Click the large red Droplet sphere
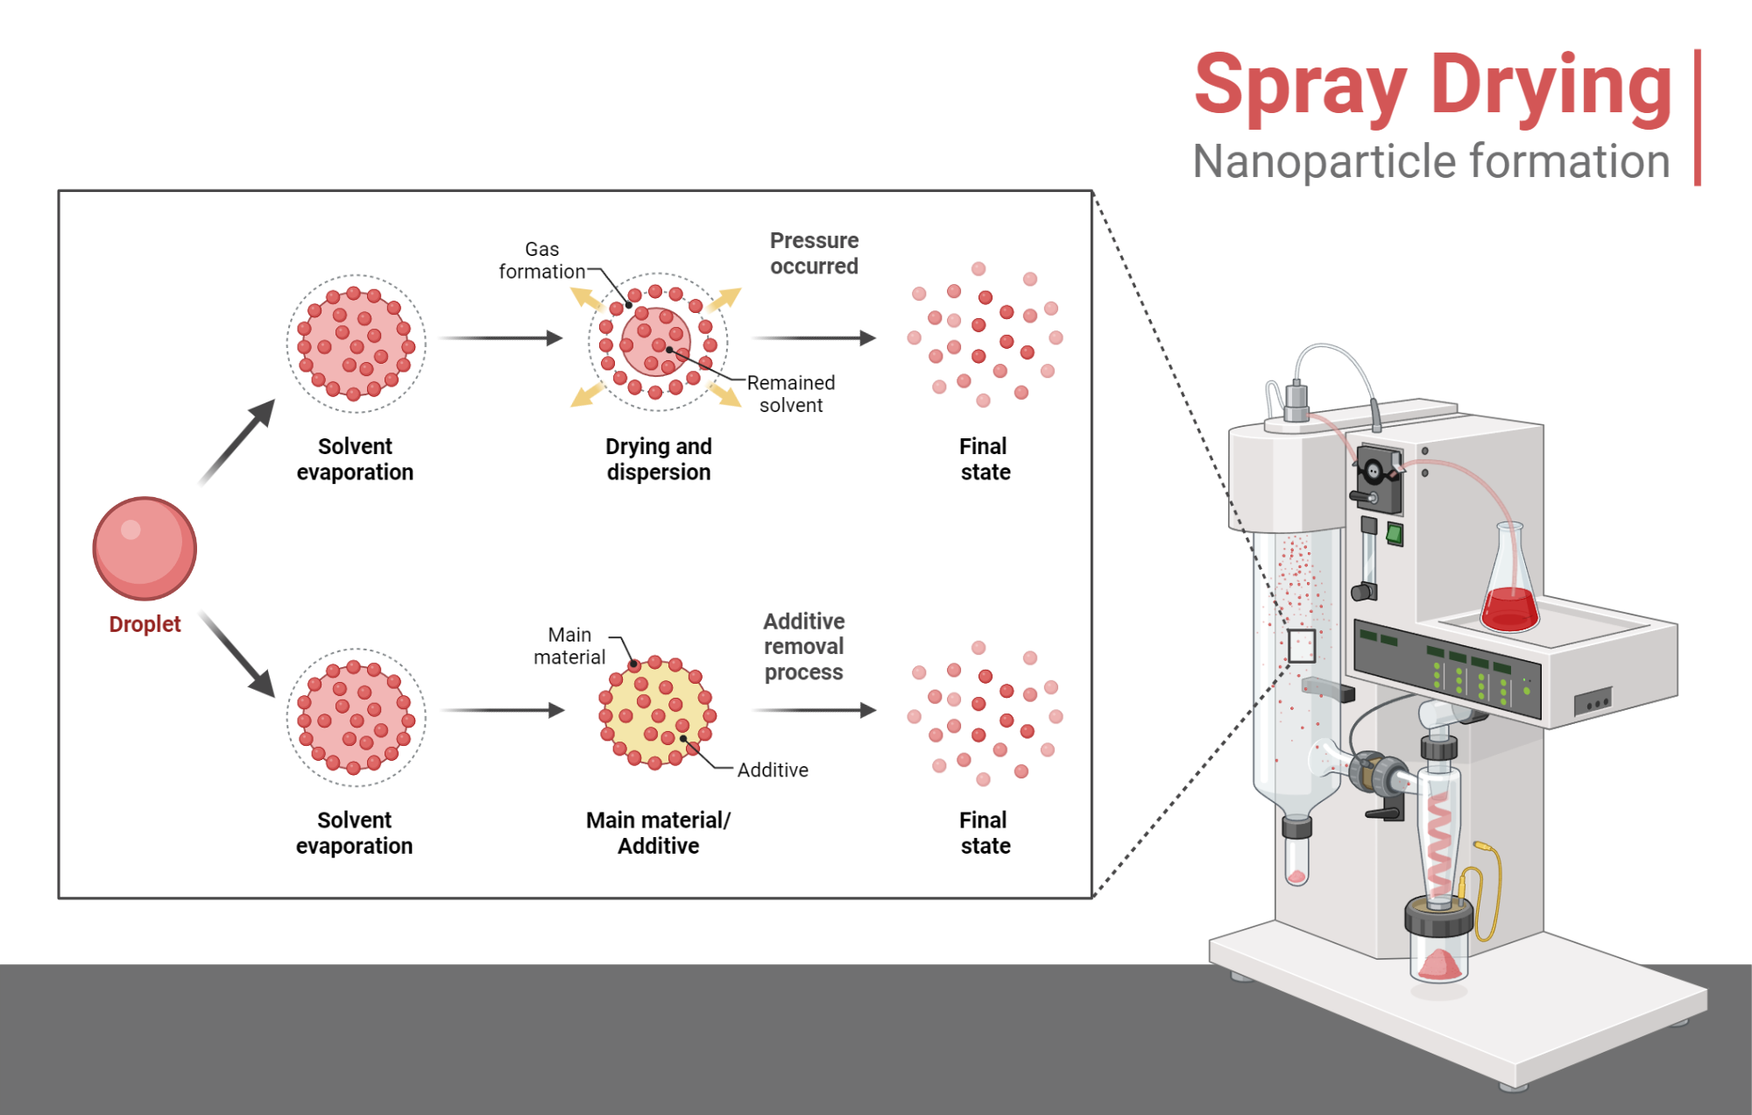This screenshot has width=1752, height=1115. [145, 549]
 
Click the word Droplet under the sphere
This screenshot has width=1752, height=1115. [145, 624]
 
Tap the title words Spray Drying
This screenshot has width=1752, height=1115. [1433, 85]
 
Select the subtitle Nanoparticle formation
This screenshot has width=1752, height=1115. [1431, 162]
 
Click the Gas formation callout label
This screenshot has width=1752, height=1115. [541, 260]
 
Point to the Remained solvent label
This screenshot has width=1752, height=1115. [790, 394]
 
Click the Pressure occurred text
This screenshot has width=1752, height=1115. [814, 253]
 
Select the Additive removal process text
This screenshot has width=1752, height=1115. [803, 647]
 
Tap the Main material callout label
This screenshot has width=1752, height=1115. [569, 646]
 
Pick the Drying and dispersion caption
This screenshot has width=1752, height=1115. [658, 459]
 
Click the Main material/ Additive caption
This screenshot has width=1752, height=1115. [658, 833]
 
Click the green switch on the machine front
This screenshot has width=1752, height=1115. [1395, 534]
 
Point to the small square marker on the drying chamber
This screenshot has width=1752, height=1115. [1301, 646]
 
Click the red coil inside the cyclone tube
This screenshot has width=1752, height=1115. [1439, 842]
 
